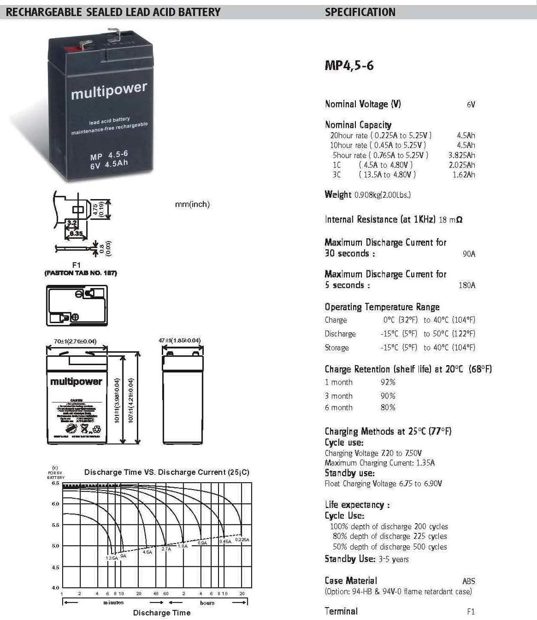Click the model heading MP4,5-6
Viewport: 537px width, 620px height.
[349, 66]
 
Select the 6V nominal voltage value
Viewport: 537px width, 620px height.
[471, 104]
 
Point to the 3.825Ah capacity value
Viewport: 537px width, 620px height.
[461, 155]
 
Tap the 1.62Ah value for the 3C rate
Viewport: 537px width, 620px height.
[464, 175]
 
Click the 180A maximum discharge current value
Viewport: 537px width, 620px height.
[467, 285]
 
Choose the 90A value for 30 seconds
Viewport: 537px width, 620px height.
[469, 254]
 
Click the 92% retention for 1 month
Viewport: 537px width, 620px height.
[388, 382]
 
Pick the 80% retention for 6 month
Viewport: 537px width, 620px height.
[388, 408]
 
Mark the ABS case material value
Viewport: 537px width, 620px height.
[469, 581]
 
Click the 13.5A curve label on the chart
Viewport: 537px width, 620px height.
[112, 558]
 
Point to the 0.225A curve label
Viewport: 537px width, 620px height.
[242, 540]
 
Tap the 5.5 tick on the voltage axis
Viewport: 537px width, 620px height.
[56, 525]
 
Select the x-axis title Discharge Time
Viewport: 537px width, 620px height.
[162, 613]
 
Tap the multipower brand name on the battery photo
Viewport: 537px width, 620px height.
[109, 91]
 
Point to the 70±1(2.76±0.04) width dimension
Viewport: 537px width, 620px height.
[75, 342]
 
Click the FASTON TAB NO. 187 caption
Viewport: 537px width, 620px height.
[81, 273]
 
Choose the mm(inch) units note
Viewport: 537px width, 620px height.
[192, 205]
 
